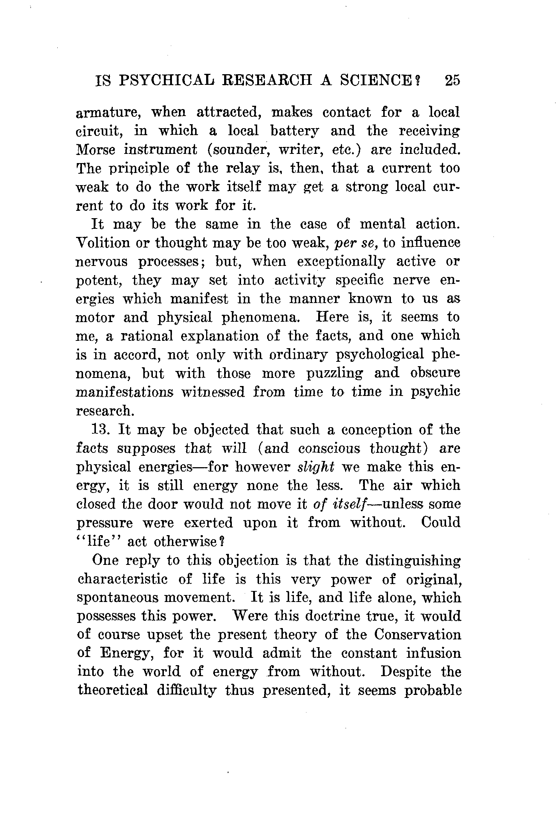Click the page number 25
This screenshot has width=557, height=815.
click(x=452, y=80)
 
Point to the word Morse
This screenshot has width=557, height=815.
click(x=95, y=150)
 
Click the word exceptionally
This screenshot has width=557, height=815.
click(x=341, y=262)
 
